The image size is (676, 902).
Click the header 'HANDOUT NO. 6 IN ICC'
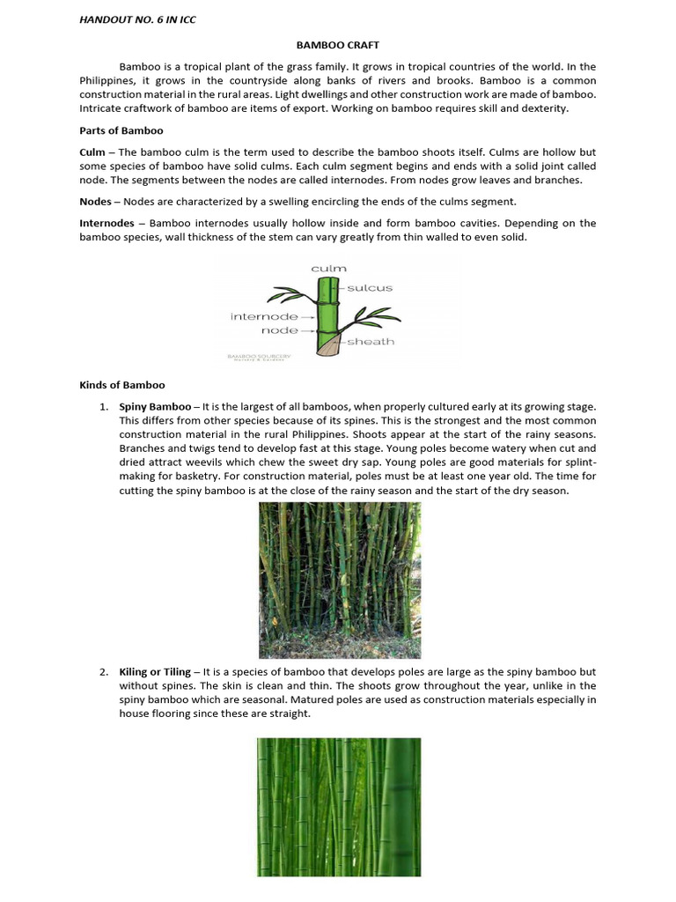[136, 19]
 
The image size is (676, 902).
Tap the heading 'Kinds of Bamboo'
[121, 385]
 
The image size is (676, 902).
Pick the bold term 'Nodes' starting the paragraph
[96, 201]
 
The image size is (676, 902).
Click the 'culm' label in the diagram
[328, 268]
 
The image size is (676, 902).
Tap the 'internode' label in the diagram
[263, 316]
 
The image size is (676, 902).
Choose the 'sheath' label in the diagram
[370, 341]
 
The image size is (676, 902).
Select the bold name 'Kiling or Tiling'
[155, 671]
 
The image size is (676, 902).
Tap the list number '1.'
[103, 406]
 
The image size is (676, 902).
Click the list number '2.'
[103, 671]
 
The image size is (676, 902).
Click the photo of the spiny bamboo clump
[339, 580]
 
